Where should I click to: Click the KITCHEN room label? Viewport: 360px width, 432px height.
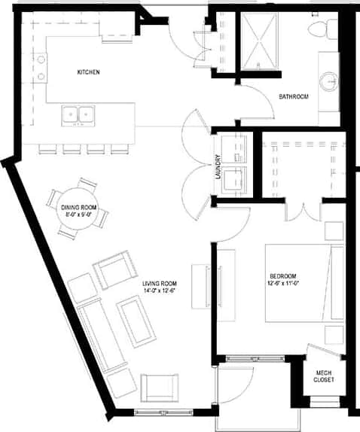tap(89, 72)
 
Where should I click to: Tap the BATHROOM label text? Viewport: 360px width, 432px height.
tap(294, 96)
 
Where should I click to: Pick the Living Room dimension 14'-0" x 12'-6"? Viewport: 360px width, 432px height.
tap(159, 291)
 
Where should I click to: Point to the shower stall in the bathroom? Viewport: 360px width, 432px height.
tap(260, 42)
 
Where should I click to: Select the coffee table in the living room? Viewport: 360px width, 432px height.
tap(136, 321)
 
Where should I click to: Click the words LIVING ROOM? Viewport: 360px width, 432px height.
tap(159, 283)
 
